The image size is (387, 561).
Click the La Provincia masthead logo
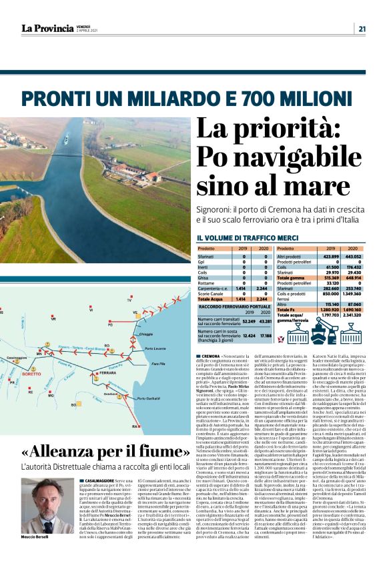(47, 28)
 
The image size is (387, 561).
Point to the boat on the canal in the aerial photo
(66, 141)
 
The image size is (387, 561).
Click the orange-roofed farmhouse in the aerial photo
(152, 177)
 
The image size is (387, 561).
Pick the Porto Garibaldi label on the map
(148, 398)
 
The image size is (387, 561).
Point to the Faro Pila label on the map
(158, 364)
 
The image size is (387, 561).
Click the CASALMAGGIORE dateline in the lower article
(98, 480)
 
